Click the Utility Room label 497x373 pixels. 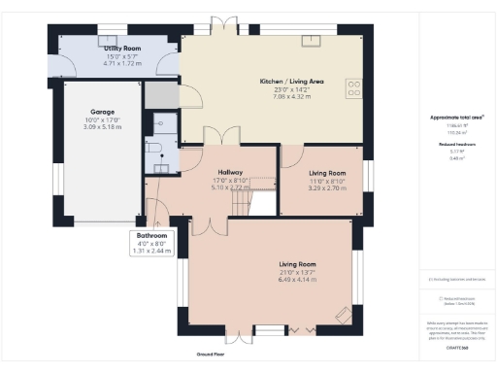click(x=123, y=48)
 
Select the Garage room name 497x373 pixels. click(x=103, y=112)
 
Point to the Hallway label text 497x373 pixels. click(x=231, y=171)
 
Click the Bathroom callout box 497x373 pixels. click(x=151, y=243)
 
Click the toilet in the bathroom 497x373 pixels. click(x=158, y=147)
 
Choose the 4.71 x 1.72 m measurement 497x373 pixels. click(x=123, y=63)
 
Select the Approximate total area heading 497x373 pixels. click(x=456, y=118)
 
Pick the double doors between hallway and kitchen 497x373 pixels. click(x=225, y=137)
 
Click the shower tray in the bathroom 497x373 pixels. click(x=162, y=122)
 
